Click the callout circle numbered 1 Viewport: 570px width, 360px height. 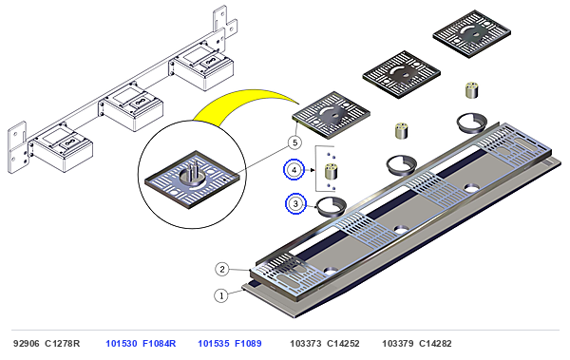[221, 295]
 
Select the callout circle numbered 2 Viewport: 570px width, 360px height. [222, 270]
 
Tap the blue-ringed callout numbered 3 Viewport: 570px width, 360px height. [295, 203]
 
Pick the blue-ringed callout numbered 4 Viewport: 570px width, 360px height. [294, 169]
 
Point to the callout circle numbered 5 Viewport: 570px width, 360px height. [294, 142]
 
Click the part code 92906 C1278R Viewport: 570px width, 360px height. [47, 343]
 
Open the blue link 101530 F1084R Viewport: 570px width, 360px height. [141, 343]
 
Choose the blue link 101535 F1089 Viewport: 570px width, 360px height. [230, 343]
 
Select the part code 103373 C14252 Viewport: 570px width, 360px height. [325, 343]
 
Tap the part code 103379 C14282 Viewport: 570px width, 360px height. [417, 343]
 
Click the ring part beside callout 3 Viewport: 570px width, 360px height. [331, 206]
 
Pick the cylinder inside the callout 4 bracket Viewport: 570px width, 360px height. [331, 172]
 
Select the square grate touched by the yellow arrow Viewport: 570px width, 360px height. [332, 115]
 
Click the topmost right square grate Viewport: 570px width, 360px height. [472, 34]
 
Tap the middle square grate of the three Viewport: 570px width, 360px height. [401, 74]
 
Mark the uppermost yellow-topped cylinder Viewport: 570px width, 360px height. [471, 90]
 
